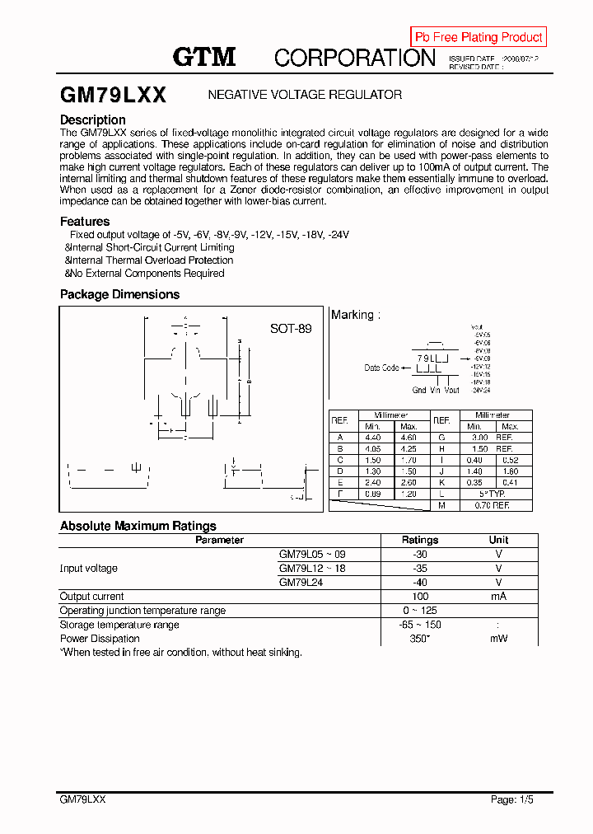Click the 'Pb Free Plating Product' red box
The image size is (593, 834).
pyautogui.click(x=479, y=37)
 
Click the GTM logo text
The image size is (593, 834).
pyautogui.click(x=204, y=57)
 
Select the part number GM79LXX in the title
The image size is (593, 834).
pyautogui.click(x=113, y=95)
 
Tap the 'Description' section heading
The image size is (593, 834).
pyautogui.click(x=93, y=119)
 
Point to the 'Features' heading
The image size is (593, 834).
pyautogui.click(x=85, y=221)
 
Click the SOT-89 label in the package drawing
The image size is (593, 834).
pyautogui.click(x=291, y=328)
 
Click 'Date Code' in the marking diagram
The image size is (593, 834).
pyautogui.click(x=381, y=368)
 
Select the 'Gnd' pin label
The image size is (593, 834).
pyautogui.click(x=419, y=391)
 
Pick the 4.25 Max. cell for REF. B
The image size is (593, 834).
pyautogui.click(x=409, y=449)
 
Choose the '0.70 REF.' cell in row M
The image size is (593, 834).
pyautogui.click(x=492, y=504)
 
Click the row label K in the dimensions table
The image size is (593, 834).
pyautogui.click(x=441, y=482)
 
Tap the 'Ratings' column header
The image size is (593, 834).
pyautogui.click(x=419, y=540)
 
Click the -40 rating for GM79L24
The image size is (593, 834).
pyautogui.click(x=419, y=582)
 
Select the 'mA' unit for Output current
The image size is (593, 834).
pyautogui.click(x=498, y=596)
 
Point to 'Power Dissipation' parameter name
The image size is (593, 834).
pyautogui.click(x=100, y=639)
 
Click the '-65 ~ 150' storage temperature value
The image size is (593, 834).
pyautogui.click(x=419, y=625)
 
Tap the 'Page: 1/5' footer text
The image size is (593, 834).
pyautogui.click(x=511, y=799)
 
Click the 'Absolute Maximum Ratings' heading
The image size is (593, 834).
pyautogui.click(x=138, y=526)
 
